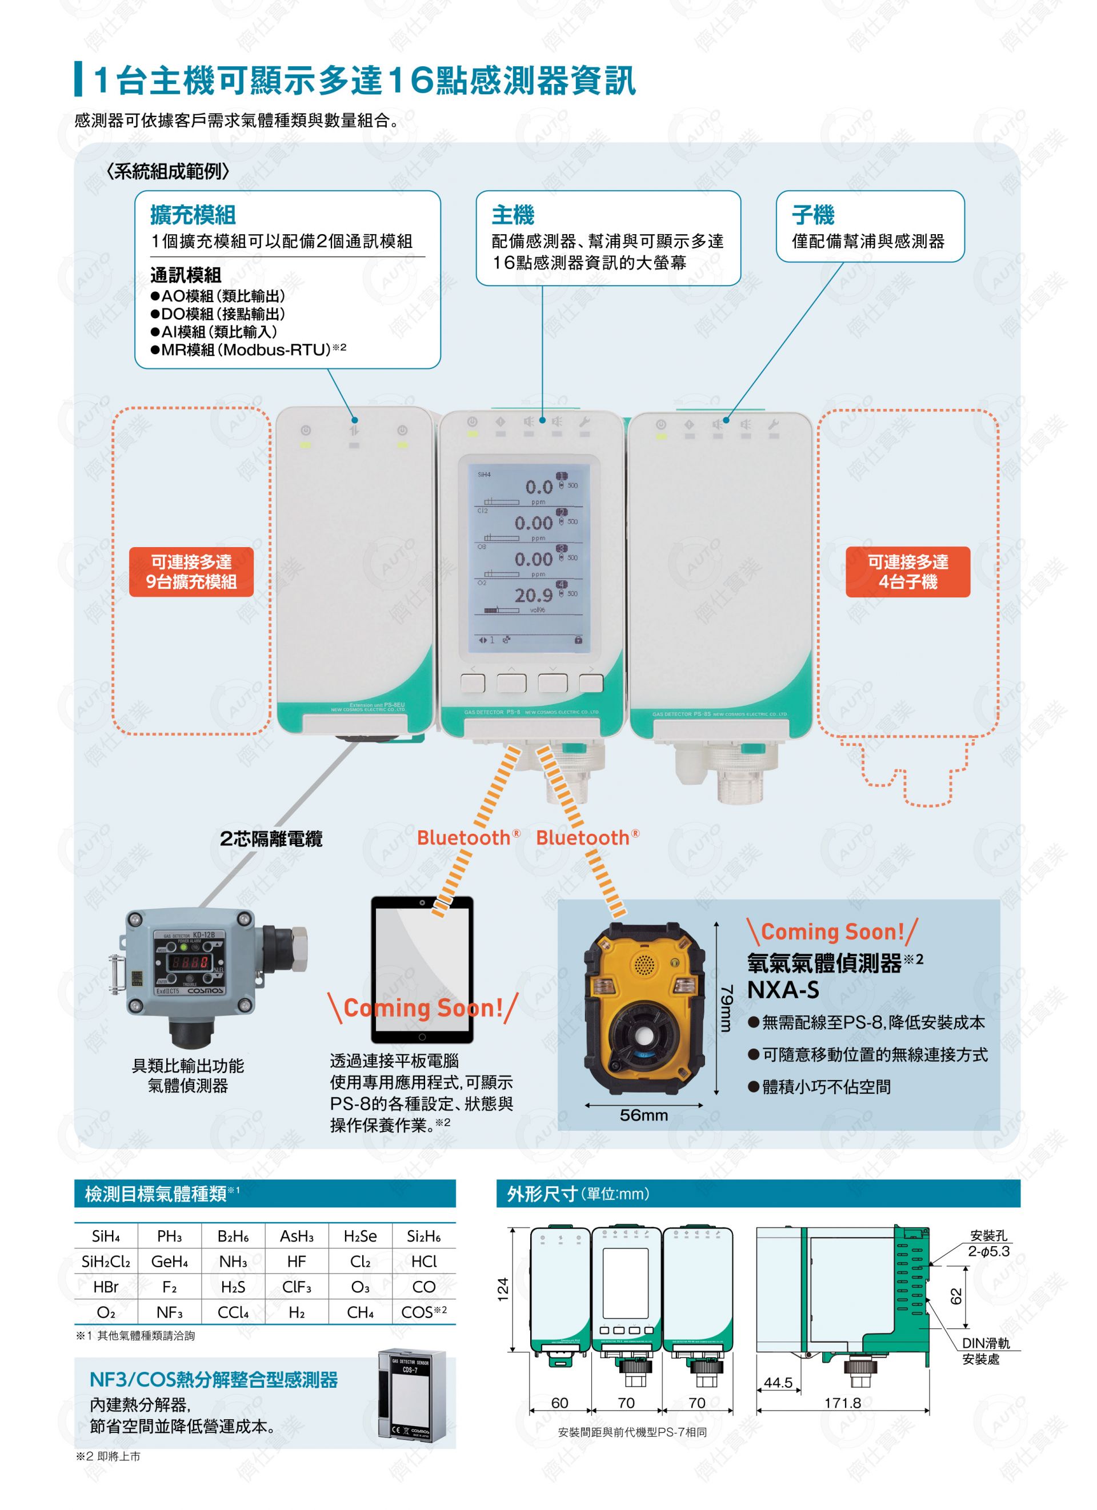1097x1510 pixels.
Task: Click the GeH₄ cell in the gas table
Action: point(169,1261)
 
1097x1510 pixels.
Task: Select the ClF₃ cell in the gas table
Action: point(297,1286)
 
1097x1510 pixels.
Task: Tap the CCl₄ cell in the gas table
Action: point(233,1312)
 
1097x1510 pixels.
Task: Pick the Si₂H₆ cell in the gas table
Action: point(423,1236)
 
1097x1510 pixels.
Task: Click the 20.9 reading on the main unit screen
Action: point(533,595)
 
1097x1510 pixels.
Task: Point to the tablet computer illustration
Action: point(422,969)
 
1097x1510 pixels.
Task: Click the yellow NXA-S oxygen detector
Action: point(644,1008)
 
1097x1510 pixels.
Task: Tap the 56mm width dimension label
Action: point(643,1115)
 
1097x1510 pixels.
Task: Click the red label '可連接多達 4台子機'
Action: point(907,572)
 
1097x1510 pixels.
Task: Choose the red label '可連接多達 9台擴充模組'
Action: point(191,572)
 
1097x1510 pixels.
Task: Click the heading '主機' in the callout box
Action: point(513,215)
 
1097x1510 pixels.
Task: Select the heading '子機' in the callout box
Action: point(812,215)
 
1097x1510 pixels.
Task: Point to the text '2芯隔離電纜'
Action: point(271,839)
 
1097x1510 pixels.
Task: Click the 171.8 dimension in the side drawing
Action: point(843,1403)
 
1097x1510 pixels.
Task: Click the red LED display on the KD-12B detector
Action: point(190,962)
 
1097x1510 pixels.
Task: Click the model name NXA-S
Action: point(783,990)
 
